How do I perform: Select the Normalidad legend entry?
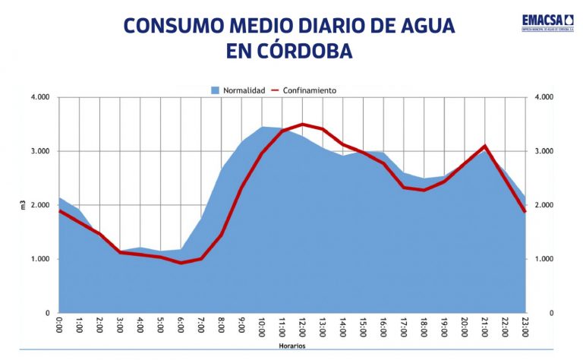point(238,90)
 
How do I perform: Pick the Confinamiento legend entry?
point(304,90)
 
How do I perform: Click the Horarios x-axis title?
point(291,346)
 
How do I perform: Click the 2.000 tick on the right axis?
point(545,205)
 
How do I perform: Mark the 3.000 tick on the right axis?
point(545,151)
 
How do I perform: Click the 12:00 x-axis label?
point(303,327)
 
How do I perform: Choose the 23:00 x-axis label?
point(525,327)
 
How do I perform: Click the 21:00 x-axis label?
point(484,327)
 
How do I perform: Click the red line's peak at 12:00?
point(303,124)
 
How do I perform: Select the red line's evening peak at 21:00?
point(484,145)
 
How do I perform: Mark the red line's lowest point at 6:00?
point(181,263)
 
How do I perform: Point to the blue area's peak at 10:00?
point(263,127)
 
